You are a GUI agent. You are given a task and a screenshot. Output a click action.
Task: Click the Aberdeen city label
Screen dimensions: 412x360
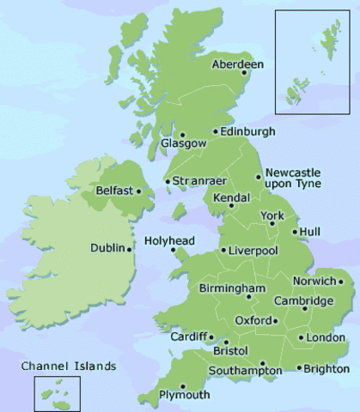pos(237,64)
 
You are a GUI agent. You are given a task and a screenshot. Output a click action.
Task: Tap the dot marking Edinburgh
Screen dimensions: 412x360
pos(216,131)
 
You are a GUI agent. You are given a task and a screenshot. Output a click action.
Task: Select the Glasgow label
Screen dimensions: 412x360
pos(183,144)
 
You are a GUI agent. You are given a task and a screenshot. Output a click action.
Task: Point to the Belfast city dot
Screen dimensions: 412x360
pos(138,191)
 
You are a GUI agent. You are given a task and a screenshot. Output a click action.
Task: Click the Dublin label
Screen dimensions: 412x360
pos(107,249)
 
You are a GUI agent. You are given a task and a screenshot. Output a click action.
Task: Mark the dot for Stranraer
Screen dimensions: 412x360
pos(167,181)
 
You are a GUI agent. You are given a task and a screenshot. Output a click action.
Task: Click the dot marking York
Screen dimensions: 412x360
pos(272,223)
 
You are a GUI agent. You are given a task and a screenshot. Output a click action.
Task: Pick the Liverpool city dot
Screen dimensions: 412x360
pos(223,251)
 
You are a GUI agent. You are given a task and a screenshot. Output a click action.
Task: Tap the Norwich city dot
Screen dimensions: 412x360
pos(341,281)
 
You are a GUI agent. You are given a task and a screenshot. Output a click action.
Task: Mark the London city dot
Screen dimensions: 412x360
pos(300,337)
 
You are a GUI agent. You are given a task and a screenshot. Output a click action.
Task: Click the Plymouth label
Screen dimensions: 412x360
pos(185,395)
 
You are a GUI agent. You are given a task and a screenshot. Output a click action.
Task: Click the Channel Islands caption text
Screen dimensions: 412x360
pos(69,366)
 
